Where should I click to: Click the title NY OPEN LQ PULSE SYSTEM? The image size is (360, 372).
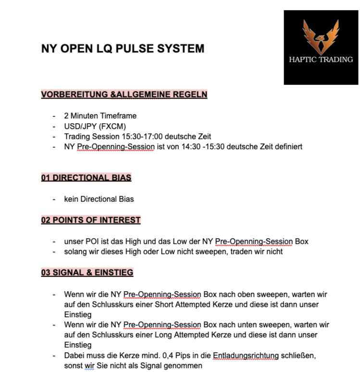(x=123, y=49)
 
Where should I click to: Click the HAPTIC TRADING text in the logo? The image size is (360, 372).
(x=321, y=60)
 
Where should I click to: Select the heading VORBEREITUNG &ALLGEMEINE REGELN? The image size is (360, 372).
(x=124, y=94)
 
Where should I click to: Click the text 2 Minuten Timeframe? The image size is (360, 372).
(x=100, y=116)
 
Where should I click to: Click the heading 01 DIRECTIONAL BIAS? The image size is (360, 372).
(x=86, y=178)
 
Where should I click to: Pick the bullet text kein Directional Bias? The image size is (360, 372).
(x=99, y=199)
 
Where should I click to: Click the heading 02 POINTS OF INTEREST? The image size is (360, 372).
(x=91, y=220)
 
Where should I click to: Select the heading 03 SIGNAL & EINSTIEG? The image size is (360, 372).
(x=87, y=272)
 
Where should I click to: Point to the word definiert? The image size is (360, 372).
(x=288, y=146)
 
